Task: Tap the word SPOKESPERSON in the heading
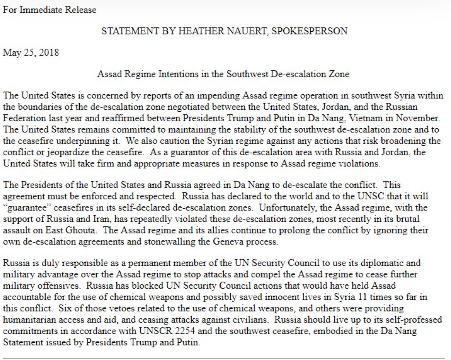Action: pyautogui.click(x=309, y=31)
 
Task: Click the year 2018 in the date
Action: pyautogui.click(x=49, y=53)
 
